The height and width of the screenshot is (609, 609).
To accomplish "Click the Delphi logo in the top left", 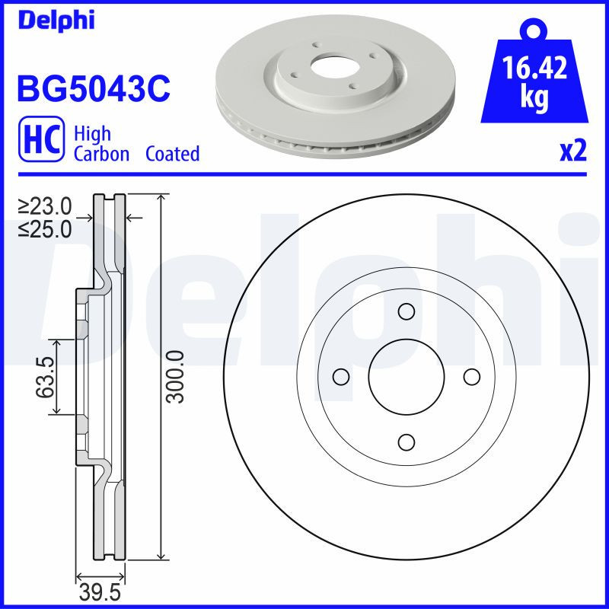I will [56, 21].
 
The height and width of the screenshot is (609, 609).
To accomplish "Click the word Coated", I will [172, 154].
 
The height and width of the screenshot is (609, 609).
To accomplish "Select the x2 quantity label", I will [573, 151].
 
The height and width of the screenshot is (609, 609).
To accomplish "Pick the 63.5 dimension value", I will [46, 378].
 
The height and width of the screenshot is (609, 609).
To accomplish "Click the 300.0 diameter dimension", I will [177, 378].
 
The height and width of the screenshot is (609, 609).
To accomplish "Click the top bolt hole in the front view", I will [406, 311].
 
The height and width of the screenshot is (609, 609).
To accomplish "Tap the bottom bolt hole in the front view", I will [406, 442].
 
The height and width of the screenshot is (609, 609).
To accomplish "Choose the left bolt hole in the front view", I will [341, 377].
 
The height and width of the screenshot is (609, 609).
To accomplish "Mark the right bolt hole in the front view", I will [471, 377].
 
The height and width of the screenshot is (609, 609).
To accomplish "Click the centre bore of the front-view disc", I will [406, 377].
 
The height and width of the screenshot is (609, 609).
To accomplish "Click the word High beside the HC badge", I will [92, 134].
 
